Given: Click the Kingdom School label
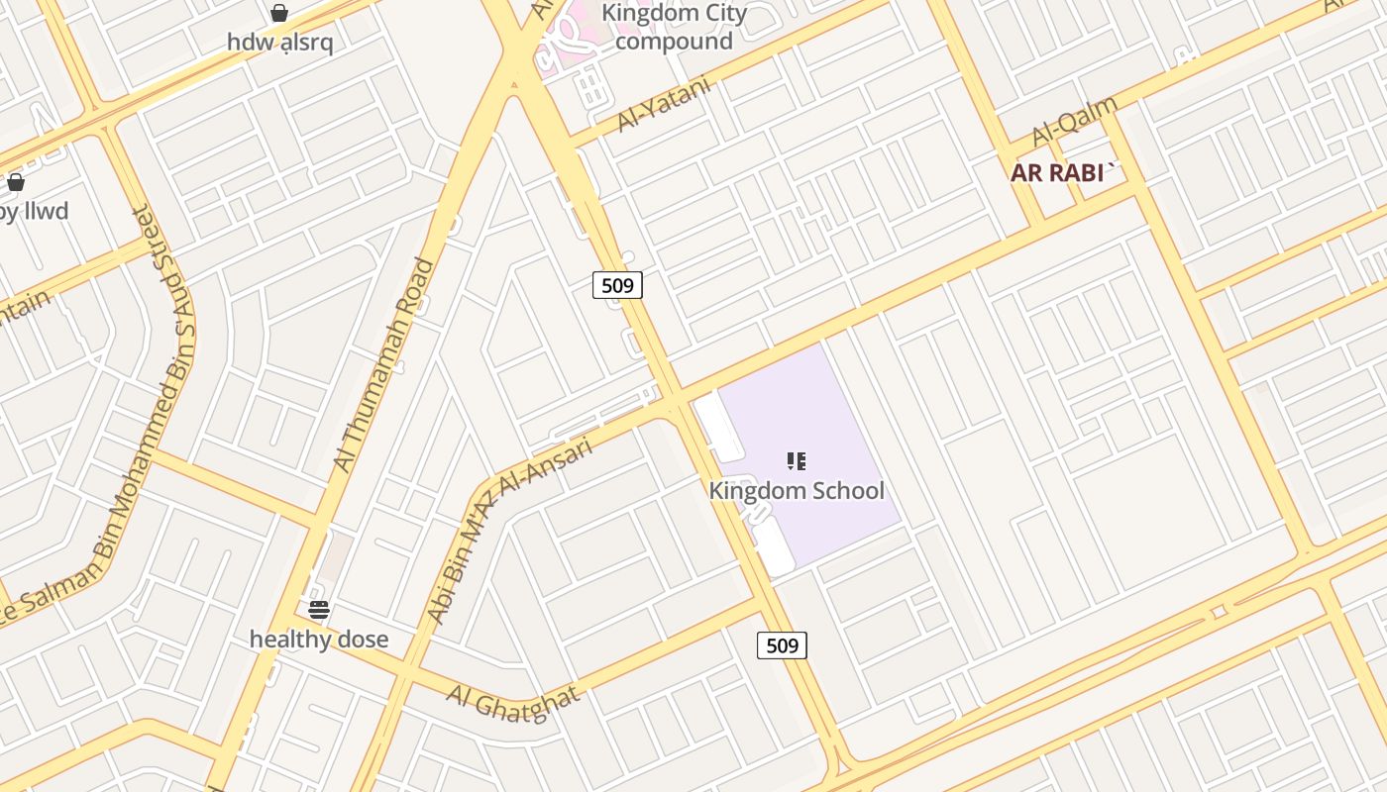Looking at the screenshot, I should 797,490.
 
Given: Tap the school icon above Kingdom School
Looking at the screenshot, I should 797,461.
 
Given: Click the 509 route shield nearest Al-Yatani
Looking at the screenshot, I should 617,285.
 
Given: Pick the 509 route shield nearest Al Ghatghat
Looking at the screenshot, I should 782,645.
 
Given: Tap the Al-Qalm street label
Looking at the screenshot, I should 1074,121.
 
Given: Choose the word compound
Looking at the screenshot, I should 674,42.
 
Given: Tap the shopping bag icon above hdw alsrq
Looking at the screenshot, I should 279,13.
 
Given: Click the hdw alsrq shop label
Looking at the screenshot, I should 279,43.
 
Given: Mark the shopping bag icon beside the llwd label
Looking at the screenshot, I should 16,182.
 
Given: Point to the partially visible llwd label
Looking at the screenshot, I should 35,211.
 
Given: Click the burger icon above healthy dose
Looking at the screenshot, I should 318,609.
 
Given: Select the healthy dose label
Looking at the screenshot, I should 318,640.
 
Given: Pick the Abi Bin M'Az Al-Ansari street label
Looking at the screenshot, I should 509,531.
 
